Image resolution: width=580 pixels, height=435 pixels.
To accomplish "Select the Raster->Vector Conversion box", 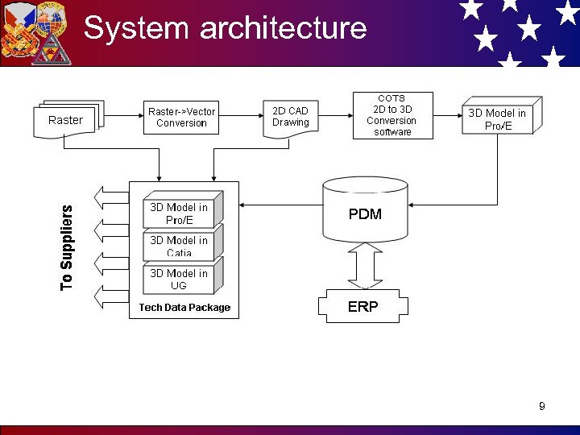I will pyautogui.click(x=181, y=117).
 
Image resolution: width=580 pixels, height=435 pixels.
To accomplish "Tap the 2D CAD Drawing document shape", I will pyautogui.click(x=290, y=118).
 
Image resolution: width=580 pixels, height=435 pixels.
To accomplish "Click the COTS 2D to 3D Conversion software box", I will pyautogui.click(x=392, y=116).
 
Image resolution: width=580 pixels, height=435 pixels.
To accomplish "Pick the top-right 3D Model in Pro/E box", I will pyautogui.click(x=497, y=118).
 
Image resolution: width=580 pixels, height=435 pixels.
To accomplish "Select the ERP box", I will pyautogui.click(x=363, y=307).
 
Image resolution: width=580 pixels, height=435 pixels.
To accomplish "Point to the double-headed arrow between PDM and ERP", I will pyautogui.click(x=364, y=265).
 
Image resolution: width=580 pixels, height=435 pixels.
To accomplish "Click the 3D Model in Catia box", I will pyautogui.click(x=179, y=245).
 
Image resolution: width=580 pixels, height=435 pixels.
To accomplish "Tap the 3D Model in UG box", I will pyautogui.click(x=179, y=279).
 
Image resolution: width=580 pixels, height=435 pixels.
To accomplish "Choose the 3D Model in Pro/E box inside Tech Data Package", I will pyautogui.click(x=179, y=213).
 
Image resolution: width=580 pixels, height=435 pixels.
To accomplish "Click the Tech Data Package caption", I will pyautogui.click(x=184, y=308).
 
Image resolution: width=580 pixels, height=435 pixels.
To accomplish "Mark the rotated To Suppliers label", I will pyautogui.click(x=66, y=247).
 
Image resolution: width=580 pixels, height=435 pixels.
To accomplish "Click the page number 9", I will pyautogui.click(x=542, y=406).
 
